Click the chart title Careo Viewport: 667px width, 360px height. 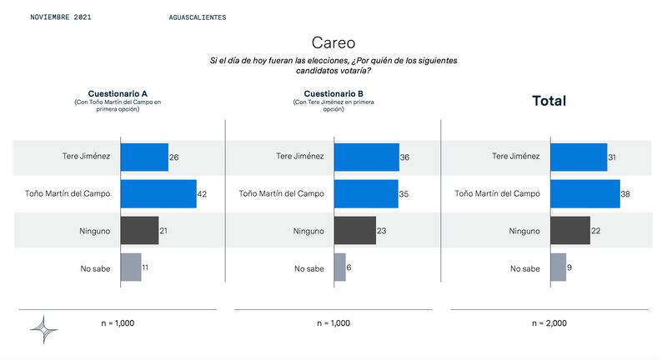pyautogui.click(x=333, y=43)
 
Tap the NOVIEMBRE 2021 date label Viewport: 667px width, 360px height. pyautogui.click(x=61, y=17)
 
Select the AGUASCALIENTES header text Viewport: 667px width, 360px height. pyautogui.click(x=198, y=17)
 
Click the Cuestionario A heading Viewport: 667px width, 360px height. pyautogui.click(x=118, y=93)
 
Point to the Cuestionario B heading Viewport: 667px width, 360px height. pyautogui.click(x=333, y=93)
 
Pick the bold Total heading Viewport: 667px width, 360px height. pyautogui.click(x=549, y=101)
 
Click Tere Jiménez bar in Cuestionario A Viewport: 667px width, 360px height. pyautogui.click(x=144, y=157)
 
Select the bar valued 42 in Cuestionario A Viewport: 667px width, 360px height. pyautogui.click(x=158, y=194)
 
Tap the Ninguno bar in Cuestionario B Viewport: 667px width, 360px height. pyautogui.click(x=355, y=230)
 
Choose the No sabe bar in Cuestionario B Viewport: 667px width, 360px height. pyautogui.click(x=340, y=267)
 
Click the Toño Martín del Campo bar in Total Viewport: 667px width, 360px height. pyautogui.click(x=585, y=194)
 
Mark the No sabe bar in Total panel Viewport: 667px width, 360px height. pyautogui.click(x=559, y=267)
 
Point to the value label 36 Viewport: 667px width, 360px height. pyautogui.click(x=404, y=157)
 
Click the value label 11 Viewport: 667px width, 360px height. pyautogui.click(x=145, y=267)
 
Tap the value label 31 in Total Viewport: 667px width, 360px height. pyautogui.click(x=612, y=157)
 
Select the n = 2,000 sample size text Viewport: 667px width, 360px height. pyautogui.click(x=549, y=323)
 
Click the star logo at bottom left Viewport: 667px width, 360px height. pyautogui.click(x=44, y=329)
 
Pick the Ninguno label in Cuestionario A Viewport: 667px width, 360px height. pyautogui.click(x=94, y=231)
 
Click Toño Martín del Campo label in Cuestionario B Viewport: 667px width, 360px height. pyautogui.click(x=281, y=194)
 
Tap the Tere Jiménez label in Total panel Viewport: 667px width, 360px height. pyautogui.click(x=516, y=156)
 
